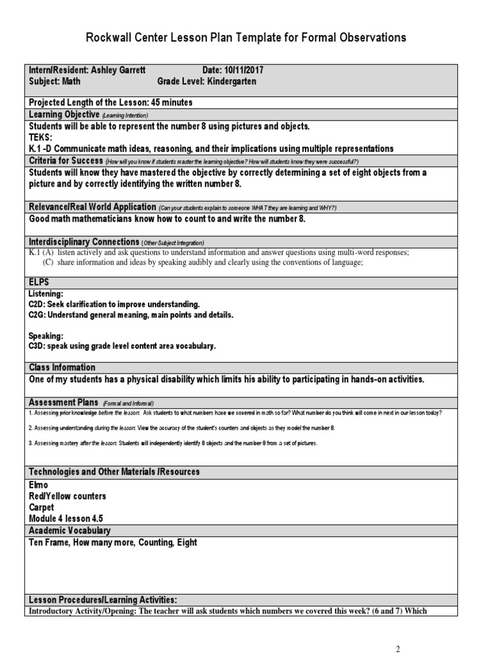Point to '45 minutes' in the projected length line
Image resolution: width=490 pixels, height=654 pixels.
(170, 102)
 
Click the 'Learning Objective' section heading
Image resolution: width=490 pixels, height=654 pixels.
(64, 114)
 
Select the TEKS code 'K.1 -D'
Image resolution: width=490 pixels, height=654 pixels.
(44, 148)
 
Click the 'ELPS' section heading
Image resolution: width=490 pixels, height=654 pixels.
(39, 282)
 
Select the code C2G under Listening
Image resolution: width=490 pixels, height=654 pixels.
(39, 315)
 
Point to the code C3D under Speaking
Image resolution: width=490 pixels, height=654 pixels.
(39, 346)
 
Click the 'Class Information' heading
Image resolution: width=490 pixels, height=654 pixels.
(63, 367)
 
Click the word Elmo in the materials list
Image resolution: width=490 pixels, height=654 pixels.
(39, 485)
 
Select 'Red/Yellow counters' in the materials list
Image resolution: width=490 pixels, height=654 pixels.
(68, 496)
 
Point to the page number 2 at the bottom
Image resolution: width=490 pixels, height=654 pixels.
(399, 649)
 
